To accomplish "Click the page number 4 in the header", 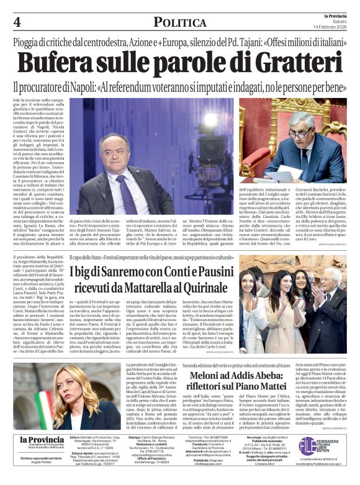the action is [17, 22].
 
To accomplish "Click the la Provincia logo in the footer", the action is [43, 442].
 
